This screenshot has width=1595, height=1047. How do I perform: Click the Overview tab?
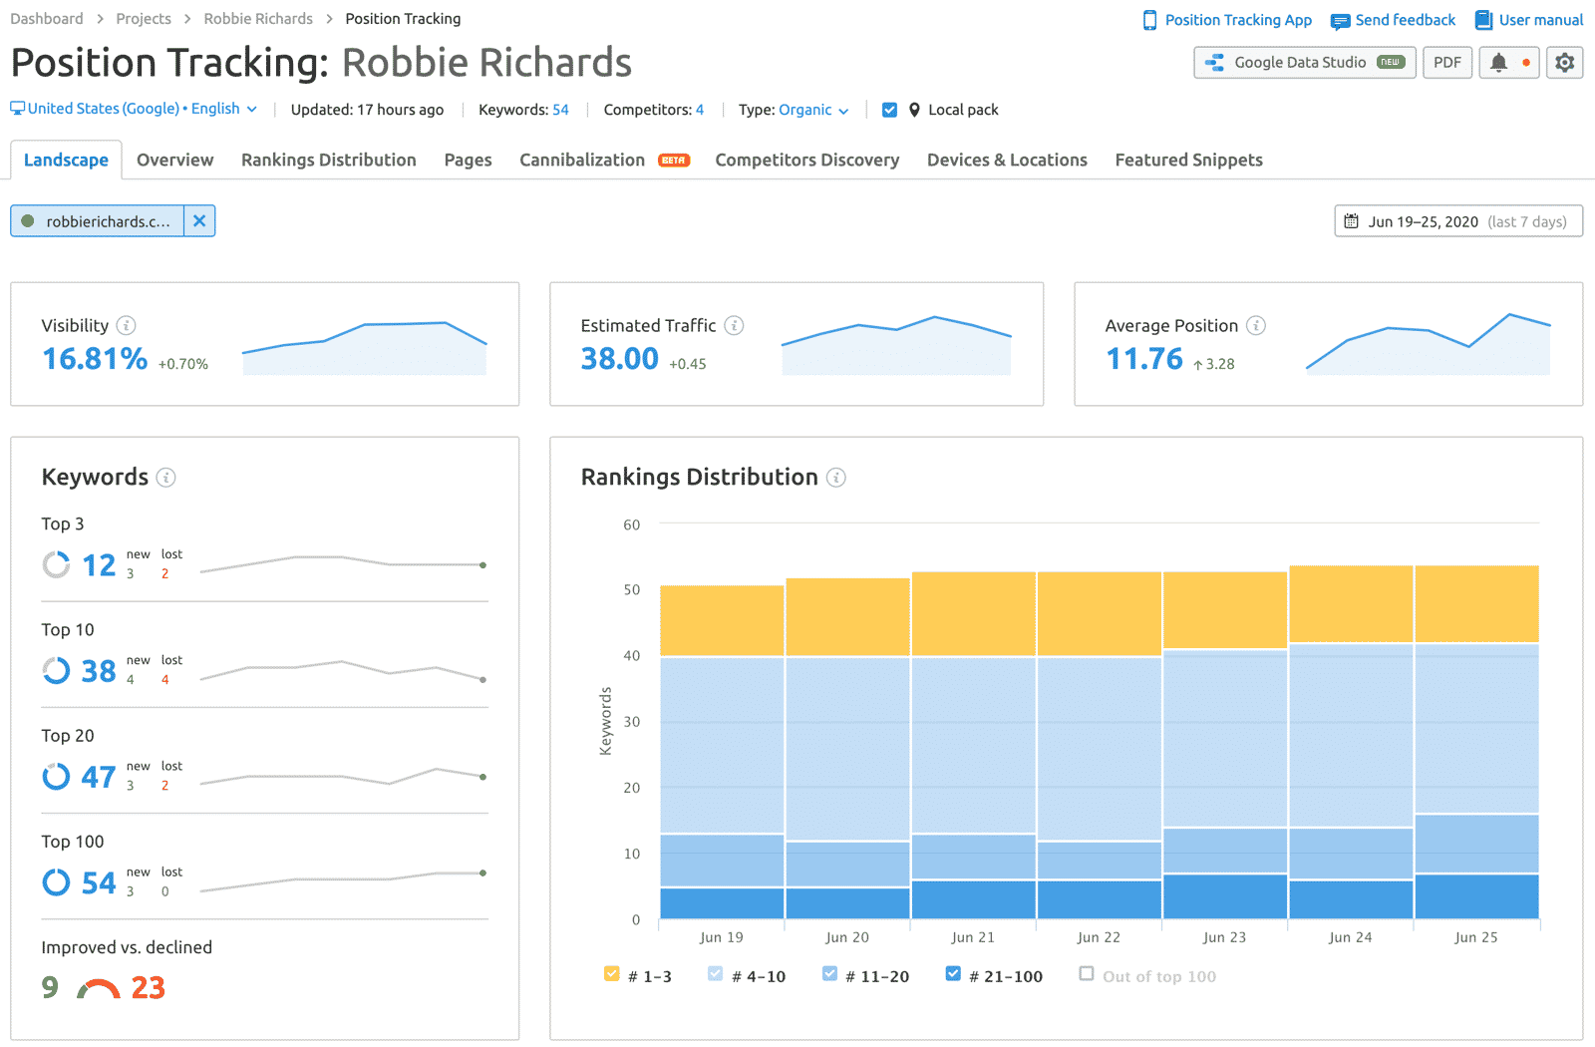(174, 160)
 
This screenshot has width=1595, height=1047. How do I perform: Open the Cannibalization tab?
(582, 160)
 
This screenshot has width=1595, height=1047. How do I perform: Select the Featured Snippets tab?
(1188, 160)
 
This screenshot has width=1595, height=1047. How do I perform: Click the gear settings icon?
(1564, 63)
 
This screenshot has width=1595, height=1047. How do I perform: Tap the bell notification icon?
(1498, 63)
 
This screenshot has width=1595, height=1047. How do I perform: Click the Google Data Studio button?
(1304, 63)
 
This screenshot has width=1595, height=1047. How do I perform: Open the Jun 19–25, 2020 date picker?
(1457, 221)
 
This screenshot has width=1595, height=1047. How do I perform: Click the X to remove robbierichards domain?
(199, 221)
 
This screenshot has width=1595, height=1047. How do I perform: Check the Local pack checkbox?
(889, 110)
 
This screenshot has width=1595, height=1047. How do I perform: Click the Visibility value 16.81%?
(95, 359)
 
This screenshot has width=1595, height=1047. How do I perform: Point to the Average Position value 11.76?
(1143, 359)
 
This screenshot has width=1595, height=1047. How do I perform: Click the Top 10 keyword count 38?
(99, 671)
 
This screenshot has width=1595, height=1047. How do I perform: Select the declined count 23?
(148, 988)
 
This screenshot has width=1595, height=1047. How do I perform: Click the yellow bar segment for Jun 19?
(722, 620)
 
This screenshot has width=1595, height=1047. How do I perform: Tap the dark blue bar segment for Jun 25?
(1476, 896)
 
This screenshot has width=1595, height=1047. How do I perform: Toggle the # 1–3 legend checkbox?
(612, 974)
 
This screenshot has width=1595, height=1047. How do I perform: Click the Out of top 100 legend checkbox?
(1087, 974)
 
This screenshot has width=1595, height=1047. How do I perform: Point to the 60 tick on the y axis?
(632, 524)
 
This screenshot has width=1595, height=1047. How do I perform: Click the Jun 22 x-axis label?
(1099, 937)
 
